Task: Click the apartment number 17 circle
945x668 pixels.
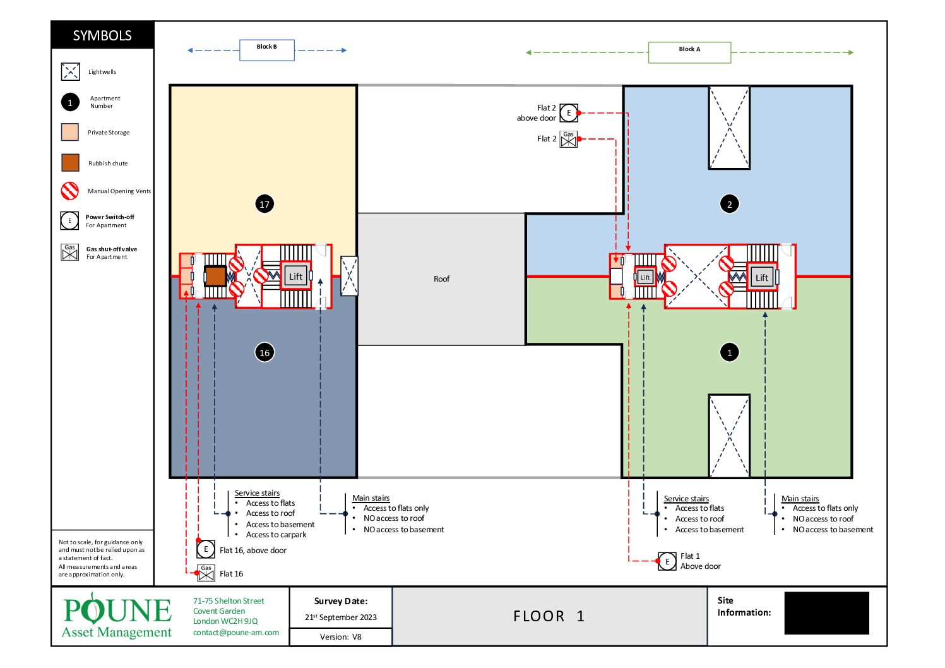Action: (264, 204)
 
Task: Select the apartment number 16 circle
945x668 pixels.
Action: (264, 352)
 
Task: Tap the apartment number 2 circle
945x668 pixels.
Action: (729, 204)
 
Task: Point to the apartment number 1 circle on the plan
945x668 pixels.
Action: (729, 352)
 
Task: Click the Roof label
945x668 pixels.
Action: (441, 279)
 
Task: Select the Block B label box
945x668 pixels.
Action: (267, 51)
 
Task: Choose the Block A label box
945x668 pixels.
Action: (689, 52)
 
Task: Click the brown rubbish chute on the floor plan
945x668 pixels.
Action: (215, 276)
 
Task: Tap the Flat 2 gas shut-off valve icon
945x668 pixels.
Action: (568, 140)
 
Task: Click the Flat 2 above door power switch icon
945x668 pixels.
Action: (569, 113)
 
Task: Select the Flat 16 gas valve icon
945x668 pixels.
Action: (206, 573)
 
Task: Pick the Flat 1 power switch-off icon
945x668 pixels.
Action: (667, 561)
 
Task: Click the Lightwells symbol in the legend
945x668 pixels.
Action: (71, 71)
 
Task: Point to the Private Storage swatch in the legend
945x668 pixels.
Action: (69, 132)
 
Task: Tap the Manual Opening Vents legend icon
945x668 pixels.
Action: (69, 191)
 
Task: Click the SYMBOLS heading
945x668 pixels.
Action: (102, 35)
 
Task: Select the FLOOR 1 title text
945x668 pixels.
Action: (549, 616)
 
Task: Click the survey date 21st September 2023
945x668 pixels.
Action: (341, 617)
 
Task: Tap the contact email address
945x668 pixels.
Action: (236, 632)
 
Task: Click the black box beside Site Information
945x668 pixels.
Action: (826, 612)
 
